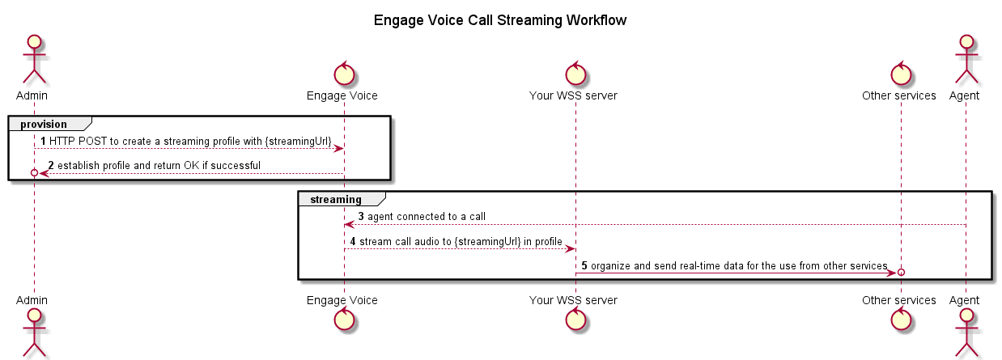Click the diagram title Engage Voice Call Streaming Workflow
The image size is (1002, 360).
click(x=500, y=20)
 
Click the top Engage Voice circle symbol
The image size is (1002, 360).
click(x=343, y=73)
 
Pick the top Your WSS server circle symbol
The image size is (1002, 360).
click(x=575, y=73)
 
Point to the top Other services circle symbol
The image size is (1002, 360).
click(x=900, y=73)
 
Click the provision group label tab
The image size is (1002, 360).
click(x=45, y=124)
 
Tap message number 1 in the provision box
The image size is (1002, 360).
click(x=44, y=142)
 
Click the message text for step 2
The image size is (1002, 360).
click(x=159, y=166)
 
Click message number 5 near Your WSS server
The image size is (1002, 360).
click(x=584, y=266)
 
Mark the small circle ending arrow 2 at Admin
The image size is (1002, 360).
click(x=34, y=173)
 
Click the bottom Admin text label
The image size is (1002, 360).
click(x=34, y=300)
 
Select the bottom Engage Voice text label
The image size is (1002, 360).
click(x=342, y=300)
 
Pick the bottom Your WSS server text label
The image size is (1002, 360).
click(x=574, y=300)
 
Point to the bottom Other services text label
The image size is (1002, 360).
click(x=899, y=300)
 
